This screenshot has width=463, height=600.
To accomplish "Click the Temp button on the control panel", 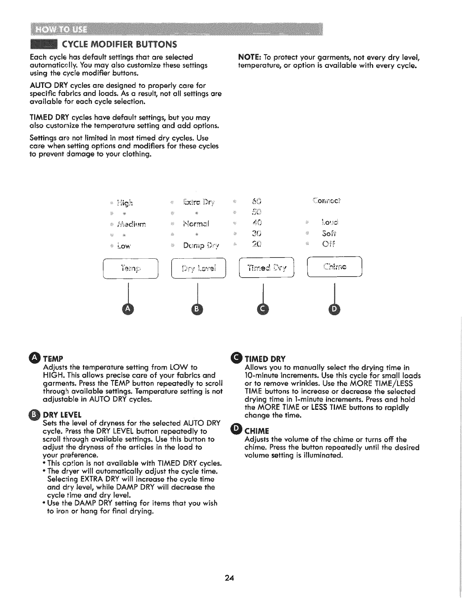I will [130, 268].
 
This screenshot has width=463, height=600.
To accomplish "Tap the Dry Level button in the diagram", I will [199, 268].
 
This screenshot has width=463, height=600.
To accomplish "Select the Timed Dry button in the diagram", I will [267, 268].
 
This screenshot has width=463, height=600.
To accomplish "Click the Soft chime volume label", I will [329, 233].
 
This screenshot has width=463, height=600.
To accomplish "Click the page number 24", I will [229, 578].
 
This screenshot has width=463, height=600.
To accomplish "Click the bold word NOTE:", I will [249, 58].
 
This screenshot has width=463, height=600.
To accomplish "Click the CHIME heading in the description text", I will [257, 431].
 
